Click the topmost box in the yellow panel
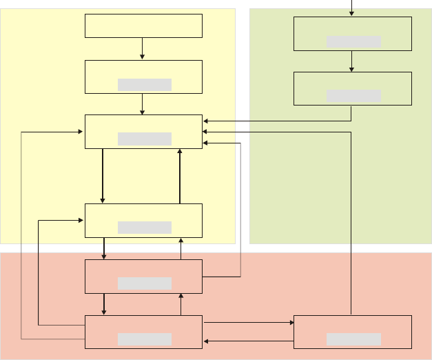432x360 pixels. [143, 26]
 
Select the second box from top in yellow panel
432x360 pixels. [143, 77]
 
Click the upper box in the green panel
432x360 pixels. [352, 34]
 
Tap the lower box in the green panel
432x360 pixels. [352, 88]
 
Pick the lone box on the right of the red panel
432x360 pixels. [352, 332]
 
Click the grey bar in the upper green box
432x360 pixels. [353, 41]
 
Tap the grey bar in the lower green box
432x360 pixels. [353, 96]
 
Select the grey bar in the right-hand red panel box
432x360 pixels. [353, 339]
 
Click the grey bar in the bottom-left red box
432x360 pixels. [145, 339]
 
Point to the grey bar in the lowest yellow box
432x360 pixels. [145, 228]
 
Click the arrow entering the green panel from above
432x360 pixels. [352, 8]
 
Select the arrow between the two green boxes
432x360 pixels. [352, 61]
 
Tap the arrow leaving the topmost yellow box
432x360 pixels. [142, 48]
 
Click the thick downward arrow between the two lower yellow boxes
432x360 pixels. [103, 176]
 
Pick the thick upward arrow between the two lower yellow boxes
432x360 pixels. [180, 176]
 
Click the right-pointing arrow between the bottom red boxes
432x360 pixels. [248, 322]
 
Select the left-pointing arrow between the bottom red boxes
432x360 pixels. [248, 341]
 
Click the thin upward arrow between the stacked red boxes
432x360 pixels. [181, 304]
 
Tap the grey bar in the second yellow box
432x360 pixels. [145, 85]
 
